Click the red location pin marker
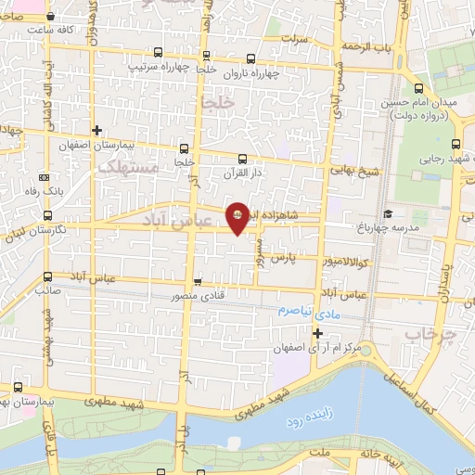237,216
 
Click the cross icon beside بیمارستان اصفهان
97,130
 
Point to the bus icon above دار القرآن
242,159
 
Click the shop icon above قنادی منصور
197,282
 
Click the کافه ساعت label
50,30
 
